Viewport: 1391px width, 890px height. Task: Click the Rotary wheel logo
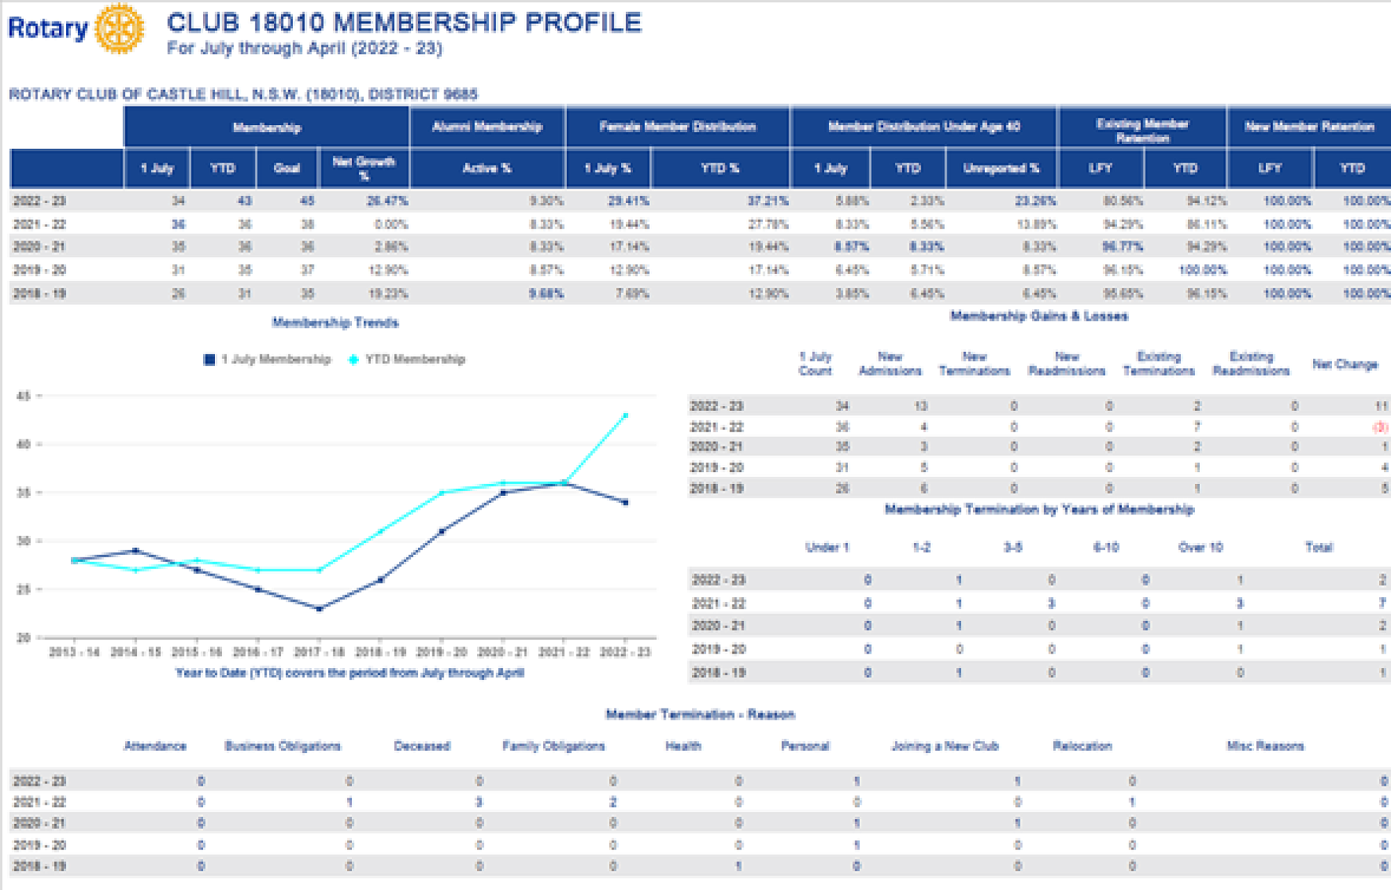[119, 29]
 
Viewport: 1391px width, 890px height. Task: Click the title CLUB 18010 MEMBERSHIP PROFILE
[404, 23]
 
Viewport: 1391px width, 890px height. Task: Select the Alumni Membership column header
[487, 127]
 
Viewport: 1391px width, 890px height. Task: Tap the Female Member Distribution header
[677, 127]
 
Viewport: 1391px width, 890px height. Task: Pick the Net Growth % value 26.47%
[387, 201]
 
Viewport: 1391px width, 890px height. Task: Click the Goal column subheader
[287, 168]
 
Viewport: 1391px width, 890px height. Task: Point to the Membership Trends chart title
[335, 323]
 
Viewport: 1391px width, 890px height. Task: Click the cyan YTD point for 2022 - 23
[625, 416]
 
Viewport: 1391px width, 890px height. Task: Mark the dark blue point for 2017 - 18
[319, 609]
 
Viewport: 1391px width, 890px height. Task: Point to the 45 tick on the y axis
[24, 396]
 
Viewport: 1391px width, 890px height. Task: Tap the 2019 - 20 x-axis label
[441, 652]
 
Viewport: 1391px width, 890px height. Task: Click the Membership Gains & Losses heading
[1039, 316]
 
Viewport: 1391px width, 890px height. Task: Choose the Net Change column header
[1344, 364]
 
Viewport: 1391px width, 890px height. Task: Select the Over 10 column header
[1200, 547]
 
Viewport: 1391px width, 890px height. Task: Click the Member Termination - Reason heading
[700, 714]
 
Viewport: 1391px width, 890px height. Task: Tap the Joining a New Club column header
[944, 746]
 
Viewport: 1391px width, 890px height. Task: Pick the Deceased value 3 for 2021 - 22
[479, 802]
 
